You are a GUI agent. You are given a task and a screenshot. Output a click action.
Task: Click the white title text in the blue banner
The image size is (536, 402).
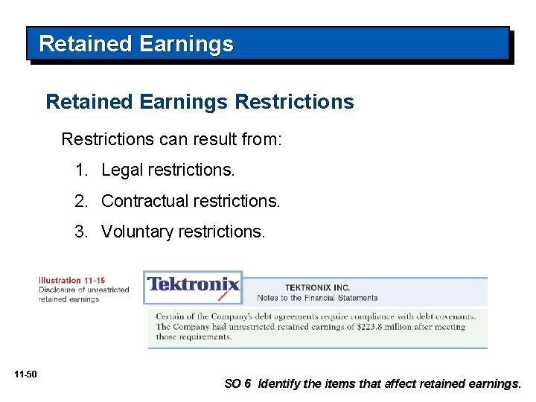click(x=136, y=45)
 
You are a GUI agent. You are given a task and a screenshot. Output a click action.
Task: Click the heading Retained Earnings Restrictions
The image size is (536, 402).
click(x=200, y=101)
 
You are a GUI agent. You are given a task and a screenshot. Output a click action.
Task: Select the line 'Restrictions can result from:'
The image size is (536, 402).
click(x=171, y=139)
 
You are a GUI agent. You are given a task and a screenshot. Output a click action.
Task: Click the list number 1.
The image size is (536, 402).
click(x=80, y=170)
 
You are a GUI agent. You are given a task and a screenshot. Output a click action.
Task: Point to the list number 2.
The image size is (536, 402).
click(x=80, y=201)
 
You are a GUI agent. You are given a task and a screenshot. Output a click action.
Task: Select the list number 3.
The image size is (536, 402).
click(x=80, y=232)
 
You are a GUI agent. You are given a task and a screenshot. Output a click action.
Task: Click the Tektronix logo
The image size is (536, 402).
click(x=193, y=285)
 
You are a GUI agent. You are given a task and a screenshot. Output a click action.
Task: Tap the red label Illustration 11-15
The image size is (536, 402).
click(x=72, y=281)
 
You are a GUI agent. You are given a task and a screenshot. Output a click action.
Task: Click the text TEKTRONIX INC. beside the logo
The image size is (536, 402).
click(x=317, y=287)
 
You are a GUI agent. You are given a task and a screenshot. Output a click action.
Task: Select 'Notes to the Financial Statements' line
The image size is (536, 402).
click(x=317, y=298)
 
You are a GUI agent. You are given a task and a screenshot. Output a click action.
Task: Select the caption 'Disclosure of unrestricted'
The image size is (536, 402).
click(x=84, y=290)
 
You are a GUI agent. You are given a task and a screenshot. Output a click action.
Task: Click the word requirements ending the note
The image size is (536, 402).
click(x=201, y=336)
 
